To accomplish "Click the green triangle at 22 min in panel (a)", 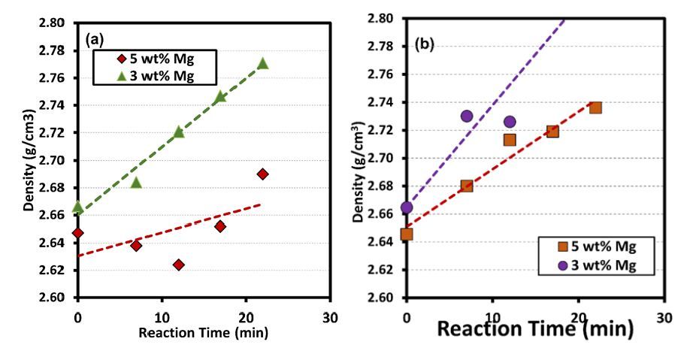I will point(262,63).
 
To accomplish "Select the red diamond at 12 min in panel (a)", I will point(178,265).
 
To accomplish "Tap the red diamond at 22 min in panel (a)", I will point(262,174).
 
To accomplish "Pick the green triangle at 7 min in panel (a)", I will point(136,183).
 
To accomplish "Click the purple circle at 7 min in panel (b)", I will point(467,116).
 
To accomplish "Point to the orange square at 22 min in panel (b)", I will point(595,107).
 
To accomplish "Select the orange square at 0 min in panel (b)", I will point(407,234).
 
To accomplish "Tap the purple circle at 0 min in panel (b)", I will point(407,207).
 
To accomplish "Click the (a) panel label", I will point(94,36).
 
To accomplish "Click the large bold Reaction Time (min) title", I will point(536,328).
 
